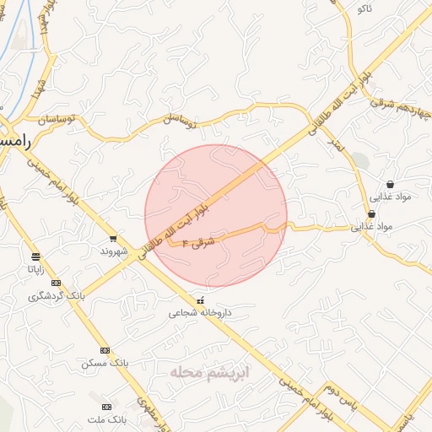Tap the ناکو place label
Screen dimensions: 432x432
coord(364,8)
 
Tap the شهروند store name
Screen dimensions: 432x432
coord(113,251)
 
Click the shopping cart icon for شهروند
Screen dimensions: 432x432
coord(113,239)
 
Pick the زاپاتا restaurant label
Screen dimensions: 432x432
coord(35,270)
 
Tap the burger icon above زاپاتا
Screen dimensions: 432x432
coord(35,256)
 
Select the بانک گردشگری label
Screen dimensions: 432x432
coord(57,296)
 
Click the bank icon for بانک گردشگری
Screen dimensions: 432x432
coord(57,283)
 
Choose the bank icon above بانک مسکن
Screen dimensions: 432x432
coord(105,350)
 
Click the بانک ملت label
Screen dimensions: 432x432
coord(106,418)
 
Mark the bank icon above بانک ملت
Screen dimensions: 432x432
coord(105,406)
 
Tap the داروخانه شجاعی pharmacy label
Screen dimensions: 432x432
coord(200,313)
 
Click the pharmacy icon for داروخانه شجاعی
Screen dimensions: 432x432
coord(200,300)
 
